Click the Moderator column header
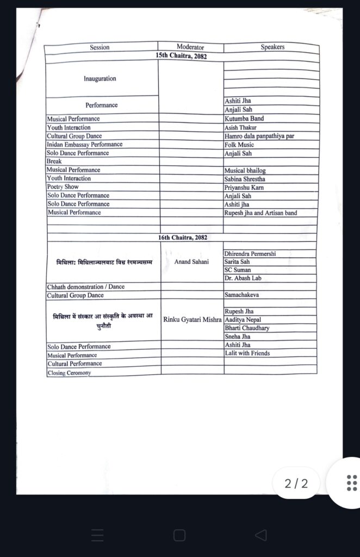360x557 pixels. coord(190,47)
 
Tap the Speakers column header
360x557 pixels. coord(272,47)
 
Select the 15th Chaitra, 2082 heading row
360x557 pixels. coord(181,56)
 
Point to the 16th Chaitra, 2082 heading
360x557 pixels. coord(183,238)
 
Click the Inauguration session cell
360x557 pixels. coord(100,79)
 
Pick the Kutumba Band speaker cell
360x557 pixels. coord(244,119)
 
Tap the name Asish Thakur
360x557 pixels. coord(240,127)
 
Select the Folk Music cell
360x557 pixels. coord(239,145)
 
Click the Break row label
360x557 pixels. coord(54,162)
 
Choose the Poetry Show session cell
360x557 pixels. coord(63,187)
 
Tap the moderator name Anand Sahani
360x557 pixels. coord(191,262)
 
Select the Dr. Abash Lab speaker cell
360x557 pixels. coord(243,278)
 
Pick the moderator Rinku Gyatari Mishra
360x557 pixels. coord(193,319)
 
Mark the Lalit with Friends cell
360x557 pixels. coord(247,354)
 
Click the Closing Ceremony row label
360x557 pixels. coord(70,373)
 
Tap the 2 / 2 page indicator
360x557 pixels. coord(296,483)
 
